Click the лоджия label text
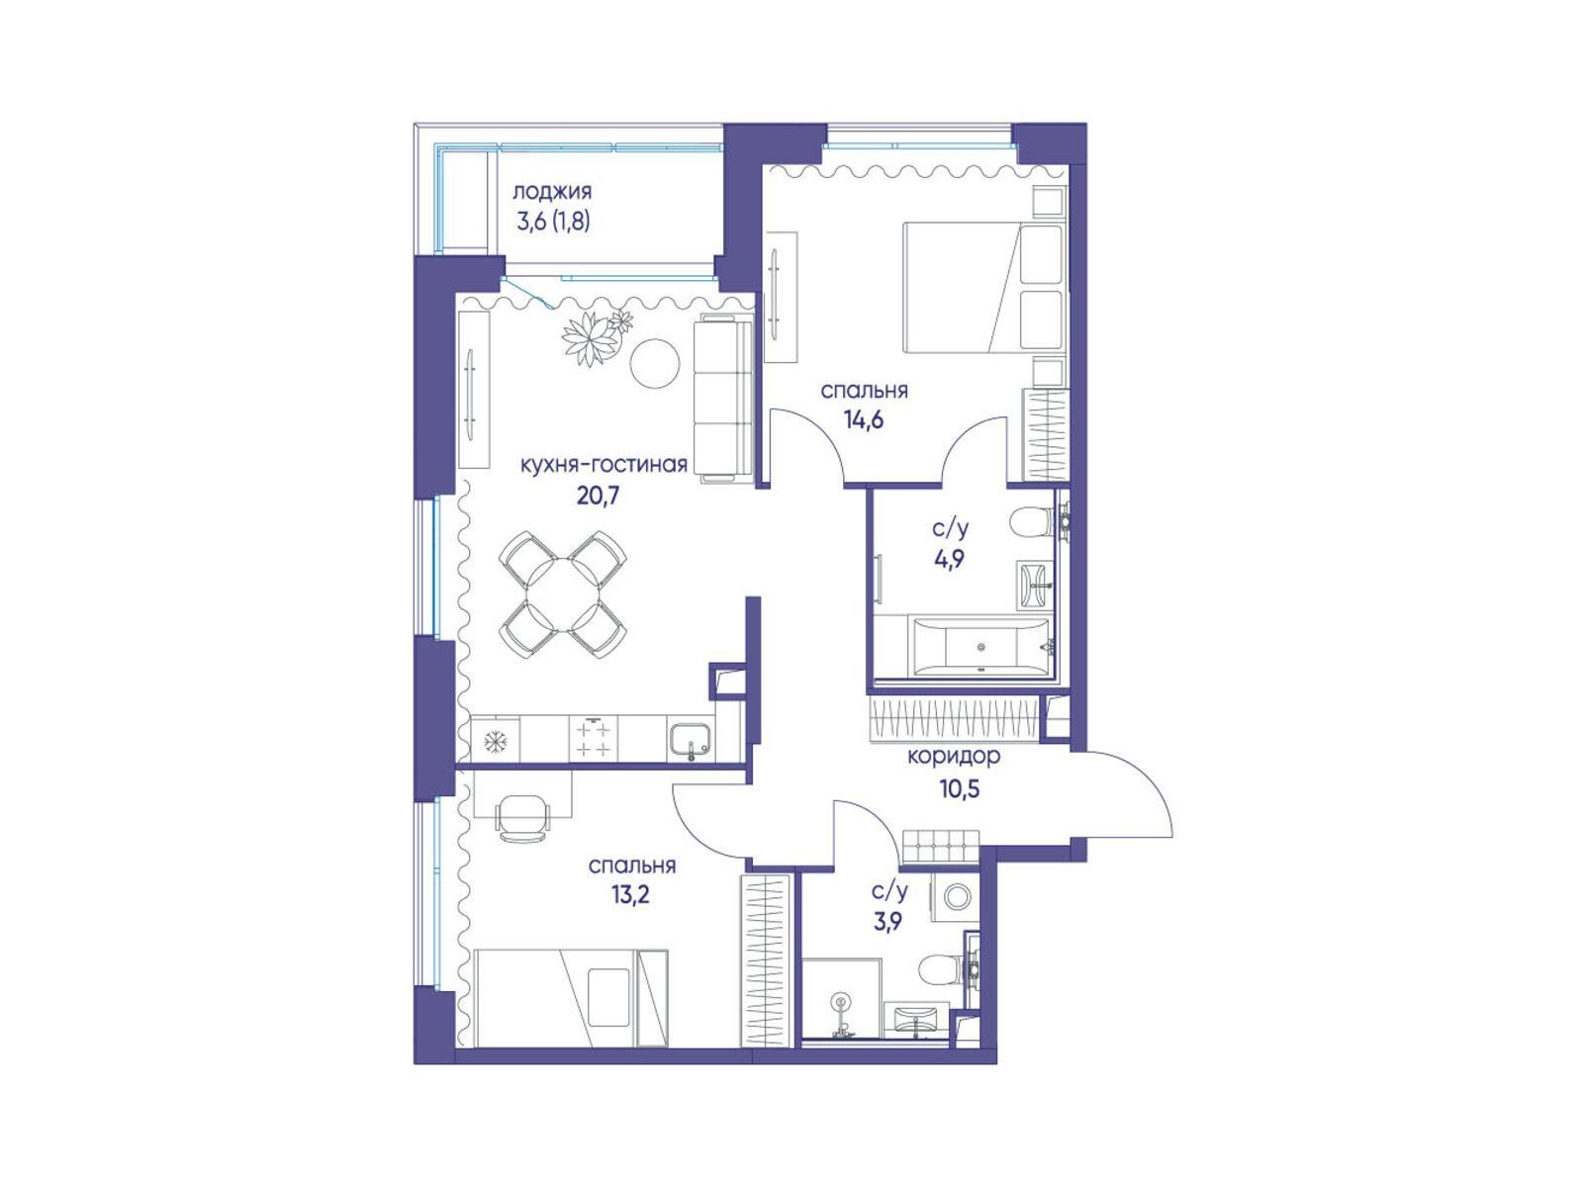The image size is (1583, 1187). pos(552,192)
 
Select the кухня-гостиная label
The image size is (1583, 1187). pos(604,464)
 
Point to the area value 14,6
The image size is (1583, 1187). pos(864,418)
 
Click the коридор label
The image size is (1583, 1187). pos(954,756)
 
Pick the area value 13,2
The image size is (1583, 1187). pos(629,894)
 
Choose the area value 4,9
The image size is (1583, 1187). pos(951,559)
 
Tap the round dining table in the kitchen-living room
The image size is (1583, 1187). pos(563,593)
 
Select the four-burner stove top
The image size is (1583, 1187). pos(593,738)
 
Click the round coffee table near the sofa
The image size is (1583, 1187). pos(655,363)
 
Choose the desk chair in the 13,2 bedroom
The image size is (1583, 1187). pos(521,817)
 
